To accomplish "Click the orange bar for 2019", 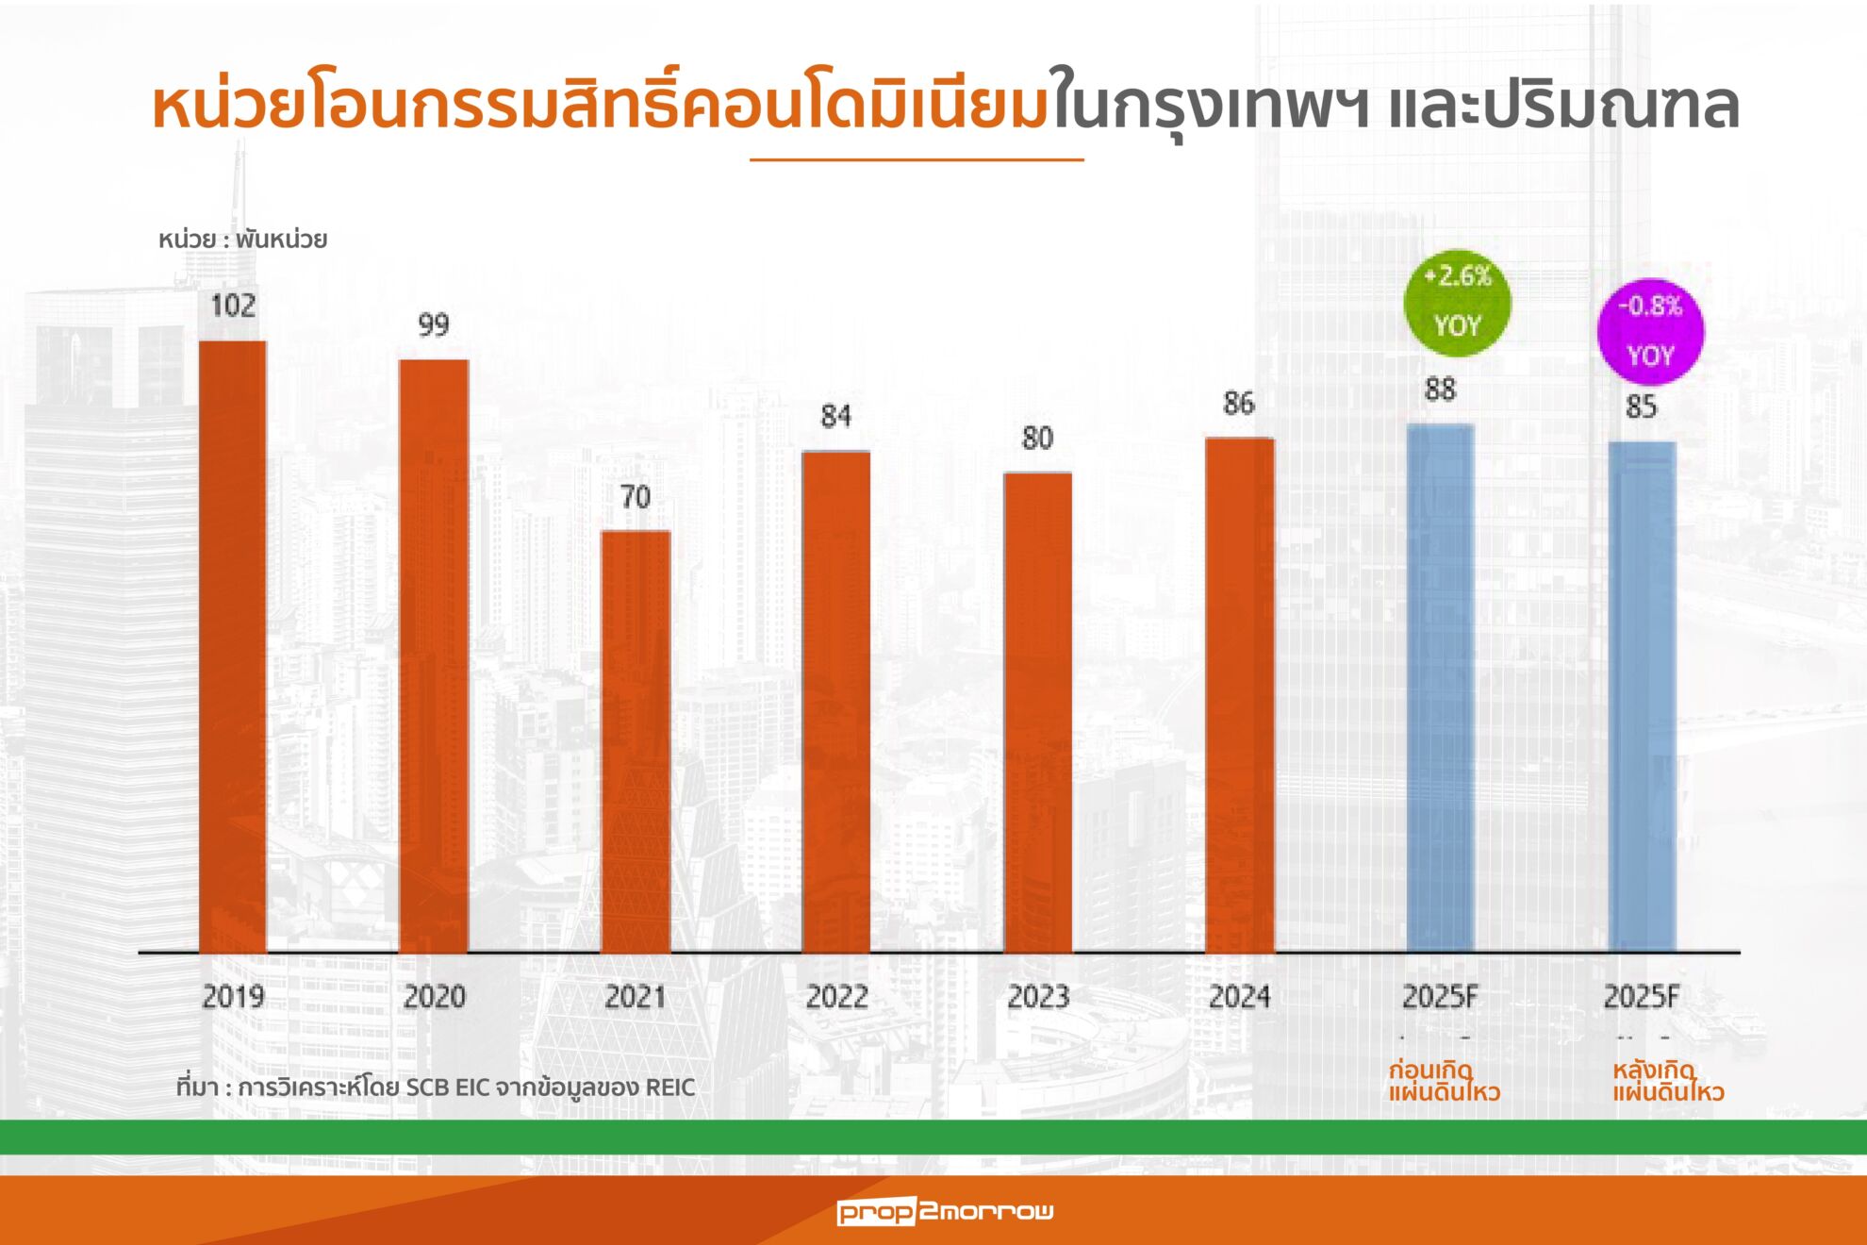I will pos(233,646).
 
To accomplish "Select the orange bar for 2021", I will pos(636,740).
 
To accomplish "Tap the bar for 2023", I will pos(1037,712).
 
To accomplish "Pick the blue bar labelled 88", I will pos(1440,689).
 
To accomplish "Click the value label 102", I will pos(233,306).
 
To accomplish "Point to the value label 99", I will pos(434,325).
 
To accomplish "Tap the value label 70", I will pos(636,497).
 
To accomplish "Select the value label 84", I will pos(836,416).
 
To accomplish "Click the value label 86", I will pos(1239,404).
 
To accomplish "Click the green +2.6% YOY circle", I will pos(1458,302).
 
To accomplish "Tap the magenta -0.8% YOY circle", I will pos(1650,331).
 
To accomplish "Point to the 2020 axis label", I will pos(434,997).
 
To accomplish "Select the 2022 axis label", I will pos(836,997).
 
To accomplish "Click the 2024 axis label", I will pos(1239,997).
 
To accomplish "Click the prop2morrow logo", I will pos(945,1211).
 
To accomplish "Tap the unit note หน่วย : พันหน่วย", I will pos(242,240).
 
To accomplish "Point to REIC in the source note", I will pos(670,1087).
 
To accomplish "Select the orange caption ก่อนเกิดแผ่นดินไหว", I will pos(1444,1082).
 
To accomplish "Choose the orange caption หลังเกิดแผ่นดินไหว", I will pos(1667,1082).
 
